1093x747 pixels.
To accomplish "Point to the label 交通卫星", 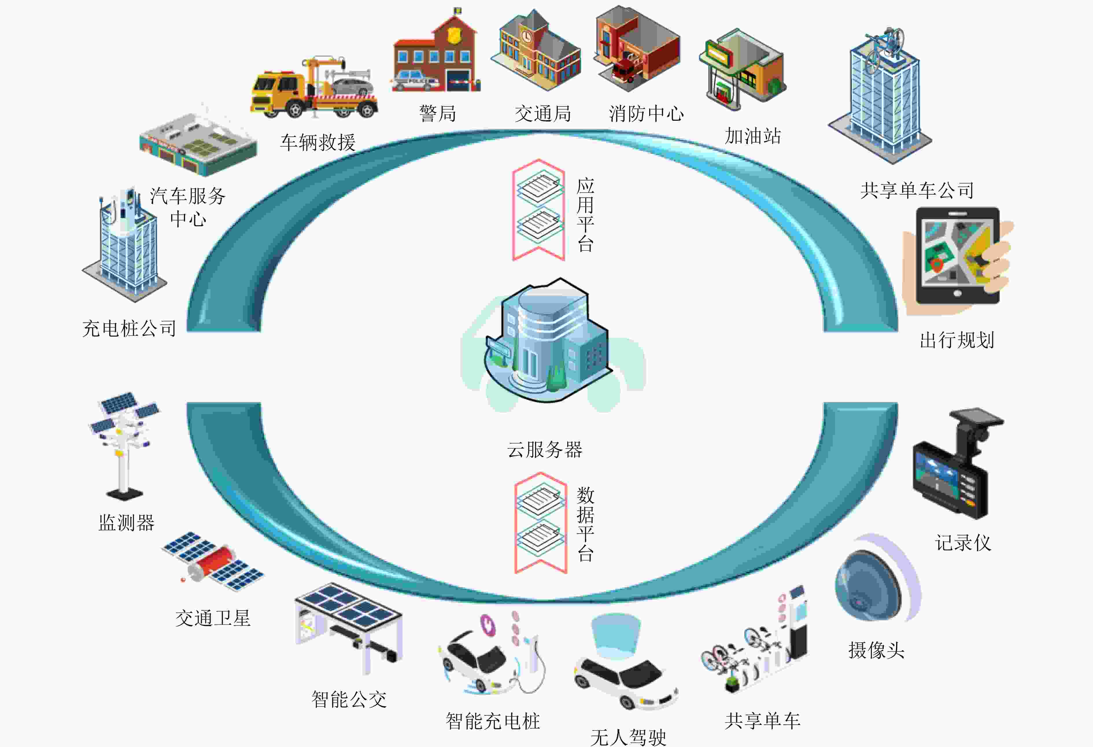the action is point(213,618).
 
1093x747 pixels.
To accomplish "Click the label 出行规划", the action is point(957,340).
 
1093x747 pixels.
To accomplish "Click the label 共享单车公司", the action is point(917,190).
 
